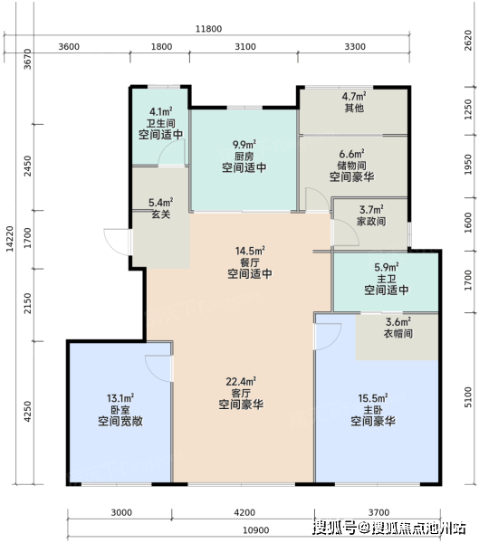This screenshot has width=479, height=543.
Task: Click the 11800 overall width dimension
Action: (x=208, y=29)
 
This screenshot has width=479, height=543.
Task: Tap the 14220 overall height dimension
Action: (x=10, y=239)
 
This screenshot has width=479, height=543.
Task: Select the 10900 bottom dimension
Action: (x=255, y=530)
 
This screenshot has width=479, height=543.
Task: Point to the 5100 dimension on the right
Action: (x=468, y=397)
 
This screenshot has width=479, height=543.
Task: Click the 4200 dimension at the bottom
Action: (x=244, y=512)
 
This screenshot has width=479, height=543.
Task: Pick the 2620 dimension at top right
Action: (x=468, y=40)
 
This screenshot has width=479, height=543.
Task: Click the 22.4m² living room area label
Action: (x=241, y=381)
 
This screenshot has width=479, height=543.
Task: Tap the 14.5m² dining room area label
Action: (x=250, y=251)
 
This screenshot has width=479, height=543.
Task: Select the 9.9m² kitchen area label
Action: (x=244, y=144)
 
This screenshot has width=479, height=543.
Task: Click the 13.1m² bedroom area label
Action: (x=120, y=398)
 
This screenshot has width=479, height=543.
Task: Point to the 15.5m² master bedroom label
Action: (x=373, y=398)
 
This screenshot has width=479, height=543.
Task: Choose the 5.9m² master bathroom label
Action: (x=386, y=267)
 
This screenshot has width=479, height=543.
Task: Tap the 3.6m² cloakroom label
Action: (x=398, y=321)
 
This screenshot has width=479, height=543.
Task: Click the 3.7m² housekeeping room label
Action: (x=371, y=210)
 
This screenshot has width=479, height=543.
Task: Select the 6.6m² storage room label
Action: (x=351, y=154)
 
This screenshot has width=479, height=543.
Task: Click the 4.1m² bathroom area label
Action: (x=161, y=111)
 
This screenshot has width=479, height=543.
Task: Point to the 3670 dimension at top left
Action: (x=27, y=59)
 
